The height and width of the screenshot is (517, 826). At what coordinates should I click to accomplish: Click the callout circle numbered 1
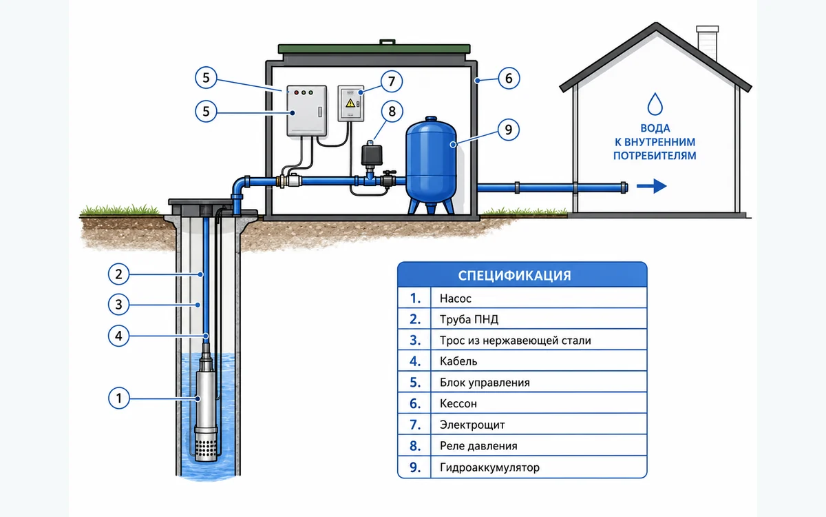pos(118,398)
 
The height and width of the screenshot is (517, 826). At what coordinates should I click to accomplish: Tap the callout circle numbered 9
pos(509,130)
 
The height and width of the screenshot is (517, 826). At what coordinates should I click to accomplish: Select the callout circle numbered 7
pos(392,81)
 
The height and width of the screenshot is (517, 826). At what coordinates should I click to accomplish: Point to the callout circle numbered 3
pos(118,304)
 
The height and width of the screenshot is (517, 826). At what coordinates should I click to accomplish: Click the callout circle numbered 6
pos(509,79)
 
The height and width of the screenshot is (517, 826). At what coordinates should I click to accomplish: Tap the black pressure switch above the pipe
pos(371,154)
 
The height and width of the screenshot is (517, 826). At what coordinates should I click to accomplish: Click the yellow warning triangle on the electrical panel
pos(350,103)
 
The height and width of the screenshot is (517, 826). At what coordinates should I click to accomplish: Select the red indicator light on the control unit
pos(296,92)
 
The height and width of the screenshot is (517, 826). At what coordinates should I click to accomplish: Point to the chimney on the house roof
pos(708,43)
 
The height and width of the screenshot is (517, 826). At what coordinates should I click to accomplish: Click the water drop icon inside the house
pos(655,104)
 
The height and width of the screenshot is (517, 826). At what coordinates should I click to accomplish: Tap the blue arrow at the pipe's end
pos(652,186)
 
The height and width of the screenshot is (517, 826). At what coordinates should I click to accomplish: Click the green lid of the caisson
pos(374,48)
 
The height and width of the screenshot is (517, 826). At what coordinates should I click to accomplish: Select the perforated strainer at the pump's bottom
pos(206,447)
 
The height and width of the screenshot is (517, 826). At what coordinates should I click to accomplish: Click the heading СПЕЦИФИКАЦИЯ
pos(514,276)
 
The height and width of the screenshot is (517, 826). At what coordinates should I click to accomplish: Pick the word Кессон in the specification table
pos(458,404)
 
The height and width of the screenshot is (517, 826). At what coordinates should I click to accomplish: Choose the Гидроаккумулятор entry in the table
pos(489,467)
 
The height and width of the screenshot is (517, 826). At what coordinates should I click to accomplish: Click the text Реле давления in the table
pos(478,446)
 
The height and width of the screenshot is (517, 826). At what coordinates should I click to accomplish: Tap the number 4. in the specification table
pos(415,361)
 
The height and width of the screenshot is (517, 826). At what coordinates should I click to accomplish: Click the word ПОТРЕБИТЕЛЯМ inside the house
pos(655,156)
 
